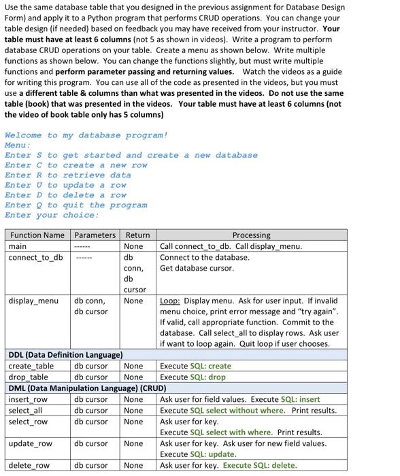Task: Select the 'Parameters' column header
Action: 95,235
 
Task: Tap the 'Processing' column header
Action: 251,235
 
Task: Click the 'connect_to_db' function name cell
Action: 35,257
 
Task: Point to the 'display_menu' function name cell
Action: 33,301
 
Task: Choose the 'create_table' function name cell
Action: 29,366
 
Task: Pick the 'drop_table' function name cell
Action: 28,377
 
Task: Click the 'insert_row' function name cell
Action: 28,399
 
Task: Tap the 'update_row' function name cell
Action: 30,443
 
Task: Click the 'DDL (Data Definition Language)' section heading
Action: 65,355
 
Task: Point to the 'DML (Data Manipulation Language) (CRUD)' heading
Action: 87,388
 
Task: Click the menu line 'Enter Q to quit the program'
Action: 76,205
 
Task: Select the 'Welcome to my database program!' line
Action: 86,135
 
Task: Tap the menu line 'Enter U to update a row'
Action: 65,185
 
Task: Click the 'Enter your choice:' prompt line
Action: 52,215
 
